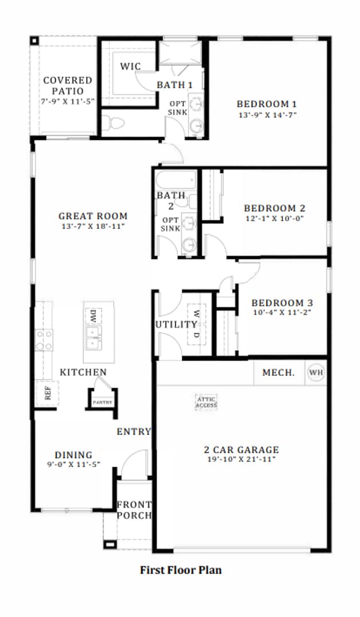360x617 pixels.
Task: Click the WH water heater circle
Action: tap(316, 372)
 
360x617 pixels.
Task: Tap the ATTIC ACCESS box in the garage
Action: tap(206, 402)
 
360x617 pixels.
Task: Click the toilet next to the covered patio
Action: tap(113, 123)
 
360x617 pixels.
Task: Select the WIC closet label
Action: tap(130, 66)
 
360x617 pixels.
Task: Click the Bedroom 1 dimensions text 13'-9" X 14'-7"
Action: tap(267, 114)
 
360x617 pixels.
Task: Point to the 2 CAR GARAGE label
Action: tap(242, 450)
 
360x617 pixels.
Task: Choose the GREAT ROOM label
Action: tap(93, 216)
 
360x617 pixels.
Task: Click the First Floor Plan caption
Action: tap(181, 570)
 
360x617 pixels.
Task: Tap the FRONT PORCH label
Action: tap(134, 510)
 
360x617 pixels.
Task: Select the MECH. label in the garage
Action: tap(278, 372)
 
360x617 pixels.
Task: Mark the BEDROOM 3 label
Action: tap(282, 303)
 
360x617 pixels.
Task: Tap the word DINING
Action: tap(74, 455)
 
